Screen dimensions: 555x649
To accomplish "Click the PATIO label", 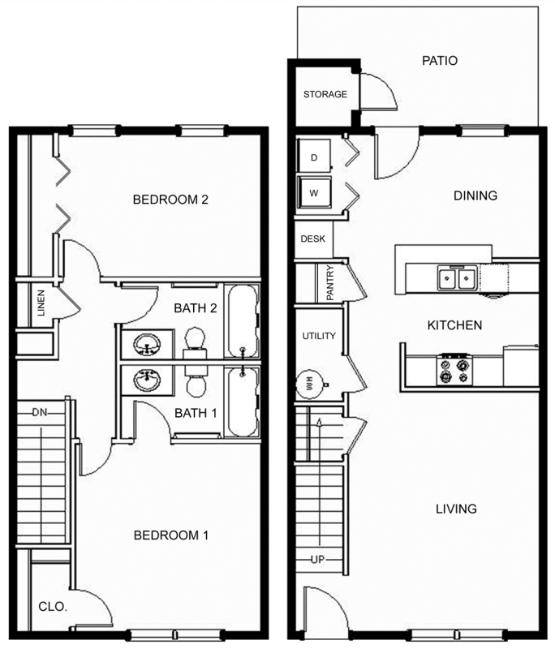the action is click(x=440, y=61).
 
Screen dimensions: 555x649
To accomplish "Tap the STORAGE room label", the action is click(x=325, y=94).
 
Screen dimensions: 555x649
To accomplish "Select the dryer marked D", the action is click(x=314, y=156).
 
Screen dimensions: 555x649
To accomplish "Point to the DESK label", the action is click(x=313, y=239).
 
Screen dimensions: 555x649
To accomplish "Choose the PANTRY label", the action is click(x=330, y=282).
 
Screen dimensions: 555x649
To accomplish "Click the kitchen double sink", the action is click(x=456, y=278).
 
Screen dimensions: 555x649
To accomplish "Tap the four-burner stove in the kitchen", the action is click(x=454, y=370).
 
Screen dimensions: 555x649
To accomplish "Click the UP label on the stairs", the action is click(x=318, y=560).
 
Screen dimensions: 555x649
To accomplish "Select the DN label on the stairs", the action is click(x=40, y=412).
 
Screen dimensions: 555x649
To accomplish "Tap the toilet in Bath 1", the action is click(x=196, y=380).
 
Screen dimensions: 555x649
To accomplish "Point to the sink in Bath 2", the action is click(x=147, y=344).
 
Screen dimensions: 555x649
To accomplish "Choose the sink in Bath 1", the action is click(x=147, y=380).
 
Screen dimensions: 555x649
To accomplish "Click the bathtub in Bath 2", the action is click(x=242, y=321).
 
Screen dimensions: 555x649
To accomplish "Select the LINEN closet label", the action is click(x=41, y=303).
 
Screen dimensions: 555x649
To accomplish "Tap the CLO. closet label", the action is click(x=53, y=607).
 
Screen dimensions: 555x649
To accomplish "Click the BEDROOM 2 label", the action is click(x=170, y=200).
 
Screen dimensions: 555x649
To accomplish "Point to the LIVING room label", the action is click(x=456, y=509).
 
